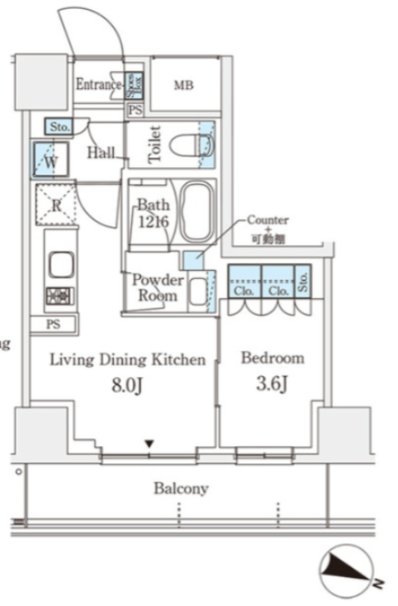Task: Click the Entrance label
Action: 98,85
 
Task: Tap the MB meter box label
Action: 183,85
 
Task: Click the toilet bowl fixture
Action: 187,145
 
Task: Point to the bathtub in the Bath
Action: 193,212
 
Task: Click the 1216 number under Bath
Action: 152,222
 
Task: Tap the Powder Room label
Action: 157,288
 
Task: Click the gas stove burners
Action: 59,296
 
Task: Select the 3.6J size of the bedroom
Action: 272,386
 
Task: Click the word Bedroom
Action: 272,359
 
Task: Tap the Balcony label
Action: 181,489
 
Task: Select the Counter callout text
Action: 267,220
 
